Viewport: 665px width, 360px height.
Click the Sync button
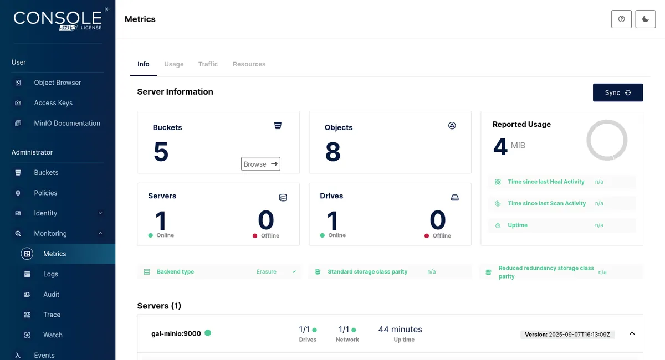(x=618, y=92)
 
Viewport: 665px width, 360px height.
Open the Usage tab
(x=173, y=64)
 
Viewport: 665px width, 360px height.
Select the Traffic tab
(x=208, y=64)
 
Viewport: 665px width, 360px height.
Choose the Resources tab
(x=249, y=64)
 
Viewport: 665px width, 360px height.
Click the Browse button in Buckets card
(x=260, y=164)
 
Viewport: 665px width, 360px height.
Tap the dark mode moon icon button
(x=646, y=19)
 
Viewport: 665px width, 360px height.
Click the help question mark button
(x=621, y=19)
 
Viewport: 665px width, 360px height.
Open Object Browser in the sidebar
(x=57, y=83)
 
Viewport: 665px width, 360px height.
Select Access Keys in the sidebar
(x=53, y=102)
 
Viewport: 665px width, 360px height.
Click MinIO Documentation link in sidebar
(x=67, y=123)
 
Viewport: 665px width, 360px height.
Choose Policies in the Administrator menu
(x=45, y=193)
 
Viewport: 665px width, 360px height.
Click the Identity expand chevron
(x=100, y=213)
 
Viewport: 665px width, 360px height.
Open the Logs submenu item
(x=50, y=274)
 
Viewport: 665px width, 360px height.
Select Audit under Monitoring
(x=51, y=295)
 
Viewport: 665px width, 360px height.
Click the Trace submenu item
(x=52, y=315)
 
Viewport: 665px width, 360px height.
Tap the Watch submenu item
(x=53, y=335)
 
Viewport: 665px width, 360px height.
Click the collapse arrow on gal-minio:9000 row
(x=632, y=333)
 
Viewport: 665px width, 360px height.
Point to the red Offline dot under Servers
(x=255, y=235)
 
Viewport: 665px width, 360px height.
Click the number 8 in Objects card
(x=333, y=152)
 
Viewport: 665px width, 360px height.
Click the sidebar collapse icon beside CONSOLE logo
(x=108, y=9)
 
